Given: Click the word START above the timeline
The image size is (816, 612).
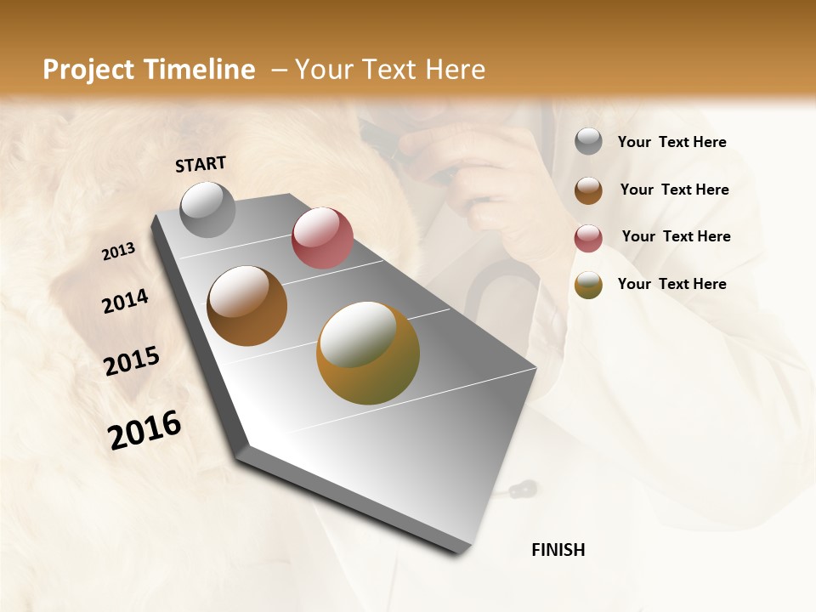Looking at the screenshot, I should click(201, 164).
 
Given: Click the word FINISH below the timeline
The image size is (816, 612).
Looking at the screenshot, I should click(558, 550).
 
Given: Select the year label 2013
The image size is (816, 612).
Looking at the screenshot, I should click(119, 252).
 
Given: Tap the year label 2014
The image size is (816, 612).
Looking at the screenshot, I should click(125, 301).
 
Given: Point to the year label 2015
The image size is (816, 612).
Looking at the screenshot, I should click(132, 361).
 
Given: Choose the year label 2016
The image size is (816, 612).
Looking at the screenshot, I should click(144, 429).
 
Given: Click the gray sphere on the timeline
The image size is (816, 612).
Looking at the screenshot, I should click(208, 209).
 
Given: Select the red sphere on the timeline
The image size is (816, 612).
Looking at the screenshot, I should click(322, 238).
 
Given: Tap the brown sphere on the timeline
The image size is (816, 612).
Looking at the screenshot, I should click(246, 306).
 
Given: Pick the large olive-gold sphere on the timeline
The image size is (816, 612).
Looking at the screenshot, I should click(368, 353).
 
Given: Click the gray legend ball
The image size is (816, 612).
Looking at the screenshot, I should click(588, 142).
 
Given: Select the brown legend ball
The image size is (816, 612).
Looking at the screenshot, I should click(588, 190).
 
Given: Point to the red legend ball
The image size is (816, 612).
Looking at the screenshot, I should click(588, 238).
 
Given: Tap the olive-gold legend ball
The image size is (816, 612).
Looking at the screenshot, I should click(588, 285).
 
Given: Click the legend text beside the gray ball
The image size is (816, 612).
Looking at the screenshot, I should click(671, 143).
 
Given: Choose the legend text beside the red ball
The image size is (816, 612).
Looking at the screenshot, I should click(676, 236).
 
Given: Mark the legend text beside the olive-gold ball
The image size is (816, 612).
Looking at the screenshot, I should click(671, 284).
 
